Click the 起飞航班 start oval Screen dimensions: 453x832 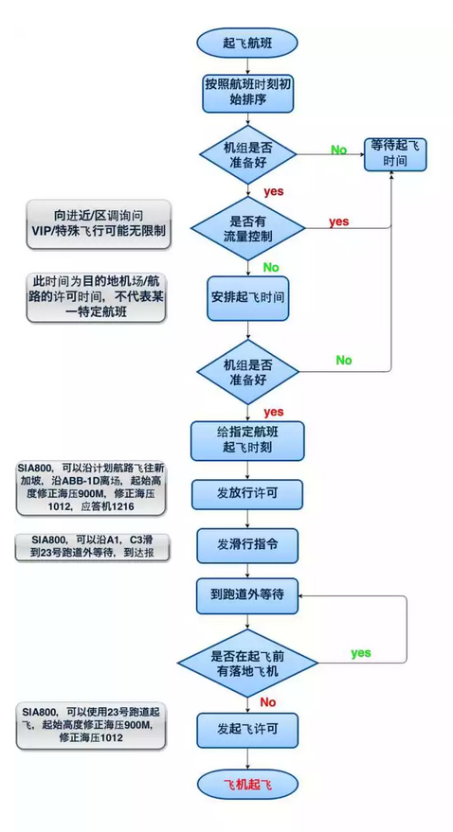[x=247, y=43]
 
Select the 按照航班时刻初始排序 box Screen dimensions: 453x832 [x=247, y=93]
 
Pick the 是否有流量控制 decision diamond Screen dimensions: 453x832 [x=247, y=228]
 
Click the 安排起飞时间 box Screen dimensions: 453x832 [x=247, y=297]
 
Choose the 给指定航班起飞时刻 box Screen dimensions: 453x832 [x=247, y=440]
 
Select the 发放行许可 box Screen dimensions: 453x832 [x=247, y=493]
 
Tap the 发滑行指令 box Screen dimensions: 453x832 [x=247, y=544]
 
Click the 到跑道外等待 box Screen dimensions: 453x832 [x=247, y=594]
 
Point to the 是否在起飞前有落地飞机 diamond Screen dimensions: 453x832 [x=247, y=664]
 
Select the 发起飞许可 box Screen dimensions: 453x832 [x=247, y=730]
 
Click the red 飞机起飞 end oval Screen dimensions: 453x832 [x=247, y=785]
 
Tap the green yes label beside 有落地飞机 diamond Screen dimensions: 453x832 [x=360, y=653]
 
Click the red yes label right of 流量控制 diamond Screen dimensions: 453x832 [x=339, y=221]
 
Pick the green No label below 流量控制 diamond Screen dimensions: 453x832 [x=271, y=267]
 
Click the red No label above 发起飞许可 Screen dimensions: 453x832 [x=267, y=702]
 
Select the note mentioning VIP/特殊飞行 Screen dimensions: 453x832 [x=99, y=224]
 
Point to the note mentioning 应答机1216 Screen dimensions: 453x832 [x=91, y=487]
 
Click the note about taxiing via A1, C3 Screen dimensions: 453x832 [x=91, y=548]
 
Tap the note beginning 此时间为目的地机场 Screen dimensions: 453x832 [x=96, y=297]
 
